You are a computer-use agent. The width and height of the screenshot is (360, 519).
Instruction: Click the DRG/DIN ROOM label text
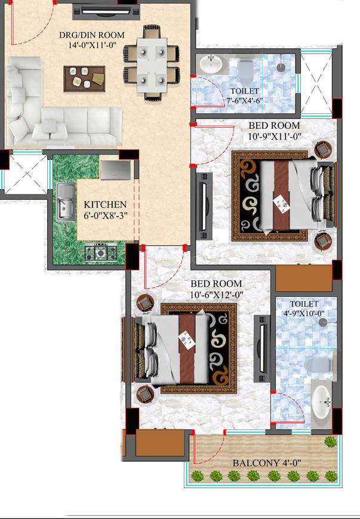(x=92, y=35)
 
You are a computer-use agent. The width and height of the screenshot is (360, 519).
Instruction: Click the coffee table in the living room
(x=84, y=76)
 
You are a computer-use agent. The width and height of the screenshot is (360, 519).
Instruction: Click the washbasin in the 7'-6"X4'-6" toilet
(x=209, y=63)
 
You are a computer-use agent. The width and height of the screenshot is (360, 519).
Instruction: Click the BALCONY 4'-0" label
(x=266, y=462)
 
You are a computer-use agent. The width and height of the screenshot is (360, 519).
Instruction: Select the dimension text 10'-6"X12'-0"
(x=216, y=294)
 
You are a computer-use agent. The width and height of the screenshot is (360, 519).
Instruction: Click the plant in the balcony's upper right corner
(x=330, y=441)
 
